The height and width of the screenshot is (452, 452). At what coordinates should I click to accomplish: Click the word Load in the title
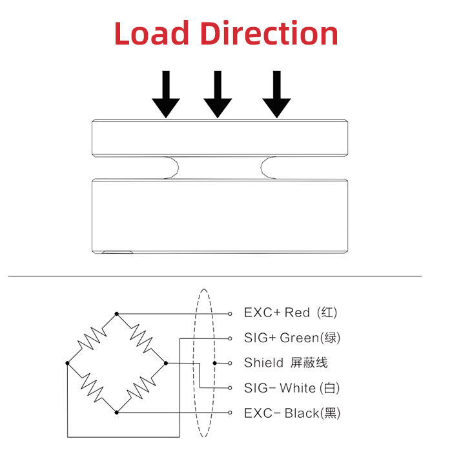(x=151, y=33)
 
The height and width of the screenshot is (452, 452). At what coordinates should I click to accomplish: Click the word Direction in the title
(x=268, y=33)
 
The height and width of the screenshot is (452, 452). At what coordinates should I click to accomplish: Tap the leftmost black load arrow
(x=166, y=94)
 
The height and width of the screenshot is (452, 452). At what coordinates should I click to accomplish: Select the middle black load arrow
(x=218, y=94)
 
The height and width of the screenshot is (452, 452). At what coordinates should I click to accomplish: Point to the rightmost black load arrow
(x=276, y=94)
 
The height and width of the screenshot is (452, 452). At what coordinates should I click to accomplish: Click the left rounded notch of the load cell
(x=171, y=168)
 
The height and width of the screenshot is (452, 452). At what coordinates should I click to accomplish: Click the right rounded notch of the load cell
(x=270, y=168)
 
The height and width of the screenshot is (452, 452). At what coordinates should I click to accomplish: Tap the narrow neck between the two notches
(x=220, y=168)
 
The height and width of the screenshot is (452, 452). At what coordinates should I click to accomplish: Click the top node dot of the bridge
(x=117, y=314)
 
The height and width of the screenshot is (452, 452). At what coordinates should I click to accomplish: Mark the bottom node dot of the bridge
(x=117, y=412)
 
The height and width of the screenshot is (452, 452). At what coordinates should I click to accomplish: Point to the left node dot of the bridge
(x=68, y=363)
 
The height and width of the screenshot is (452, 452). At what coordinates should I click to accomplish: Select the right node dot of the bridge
(x=166, y=363)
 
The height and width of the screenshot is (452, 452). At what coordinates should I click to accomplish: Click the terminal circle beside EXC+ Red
(x=231, y=314)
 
